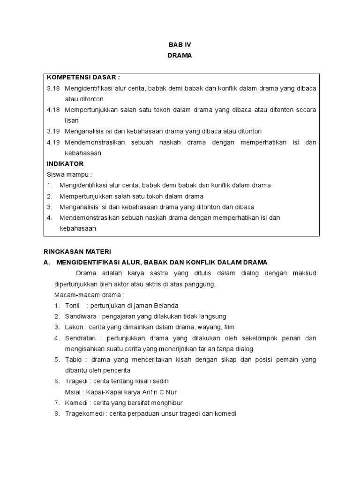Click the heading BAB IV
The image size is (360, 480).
tap(180, 45)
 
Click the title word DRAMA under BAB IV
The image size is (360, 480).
tap(180, 56)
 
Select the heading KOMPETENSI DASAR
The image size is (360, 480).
tap(83, 77)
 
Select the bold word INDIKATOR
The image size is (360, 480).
tap(65, 164)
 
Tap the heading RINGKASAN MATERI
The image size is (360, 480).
tap(77, 251)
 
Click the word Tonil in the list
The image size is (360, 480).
tap(73, 306)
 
